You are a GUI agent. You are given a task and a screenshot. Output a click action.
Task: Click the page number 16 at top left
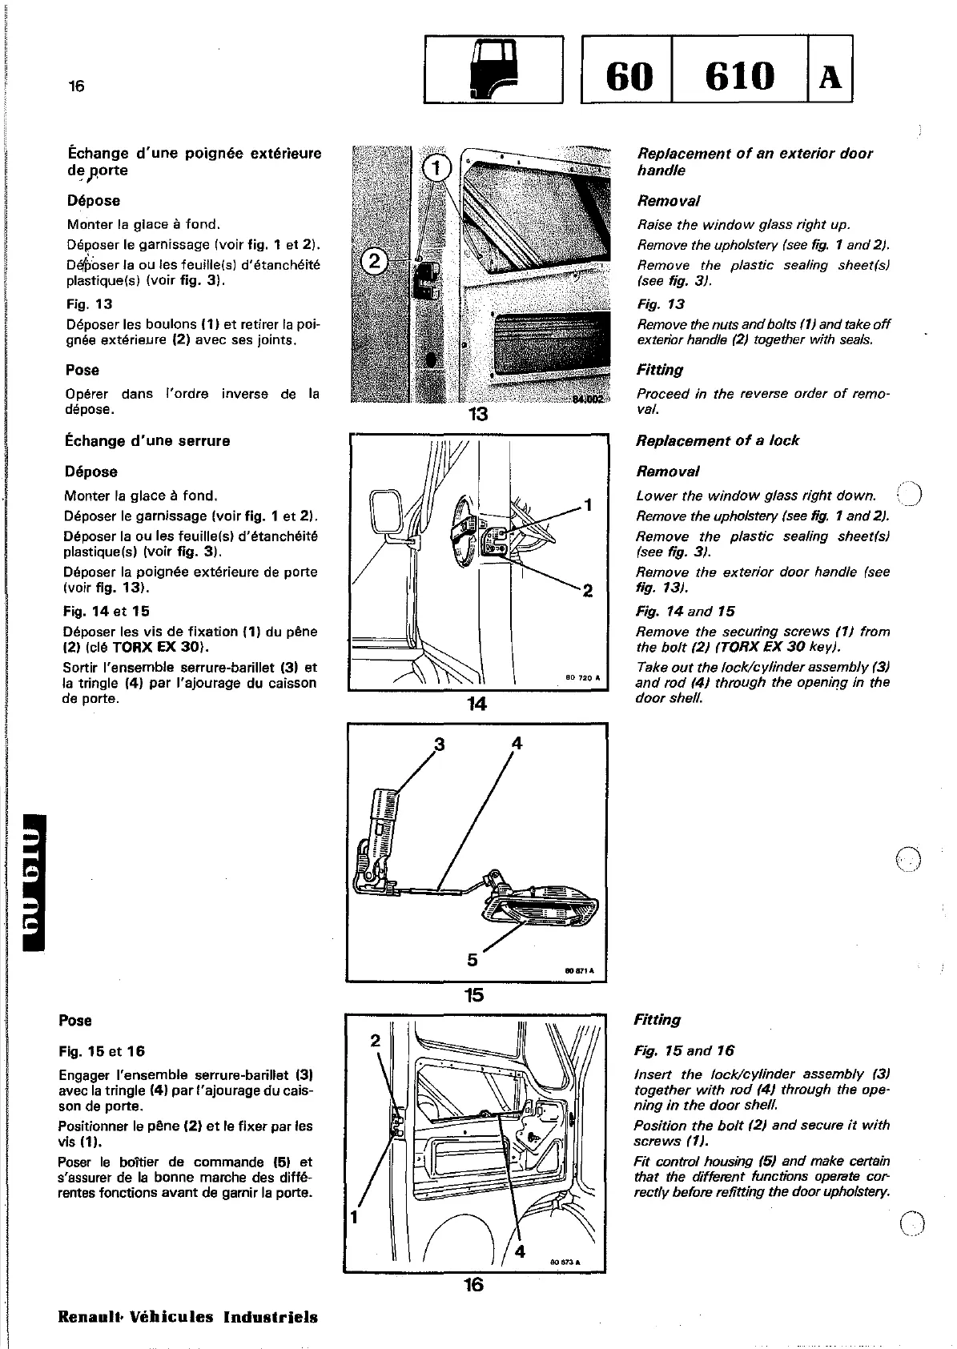[x=76, y=86]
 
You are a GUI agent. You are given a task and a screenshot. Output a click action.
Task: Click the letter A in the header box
[x=830, y=77]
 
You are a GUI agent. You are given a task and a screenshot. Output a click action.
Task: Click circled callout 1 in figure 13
[x=436, y=168]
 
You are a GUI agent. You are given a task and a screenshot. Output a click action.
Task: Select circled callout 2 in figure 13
[x=375, y=260]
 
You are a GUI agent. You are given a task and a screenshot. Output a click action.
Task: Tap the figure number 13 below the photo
[x=478, y=415]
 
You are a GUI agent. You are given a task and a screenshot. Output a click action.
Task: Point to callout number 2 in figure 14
[x=588, y=591]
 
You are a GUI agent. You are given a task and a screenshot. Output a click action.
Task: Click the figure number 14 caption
[x=477, y=704]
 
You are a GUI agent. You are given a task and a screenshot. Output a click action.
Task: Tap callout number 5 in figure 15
[x=472, y=959]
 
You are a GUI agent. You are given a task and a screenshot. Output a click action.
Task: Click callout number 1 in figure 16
[x=354, y=1219]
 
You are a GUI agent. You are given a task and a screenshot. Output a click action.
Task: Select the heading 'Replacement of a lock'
[x=717, y=441]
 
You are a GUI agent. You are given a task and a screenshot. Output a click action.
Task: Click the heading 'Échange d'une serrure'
[x=148, y=441]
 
